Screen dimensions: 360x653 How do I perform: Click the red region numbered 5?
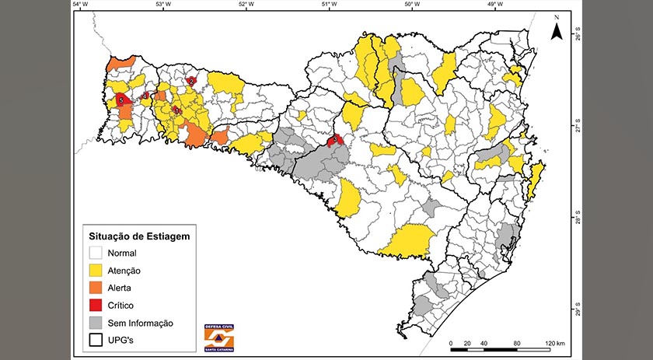click(121, 100)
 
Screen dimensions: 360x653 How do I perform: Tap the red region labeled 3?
click(336, 140)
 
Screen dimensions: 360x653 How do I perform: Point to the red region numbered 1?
click(178, 111)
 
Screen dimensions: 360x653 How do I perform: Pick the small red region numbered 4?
click(145, 96)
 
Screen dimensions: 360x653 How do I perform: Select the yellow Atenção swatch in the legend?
click(97, 270)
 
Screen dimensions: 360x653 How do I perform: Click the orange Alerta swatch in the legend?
click(97, 288)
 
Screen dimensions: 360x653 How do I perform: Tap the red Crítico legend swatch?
click(97, 305)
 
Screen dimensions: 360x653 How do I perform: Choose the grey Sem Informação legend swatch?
click(97, 323)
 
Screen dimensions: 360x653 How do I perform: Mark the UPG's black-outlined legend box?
click(97, 340)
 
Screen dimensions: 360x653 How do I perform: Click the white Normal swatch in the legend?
click(97, 253)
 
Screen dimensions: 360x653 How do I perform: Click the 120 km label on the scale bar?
click(555, 343)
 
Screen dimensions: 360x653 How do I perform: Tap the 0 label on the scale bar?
click(452, 343)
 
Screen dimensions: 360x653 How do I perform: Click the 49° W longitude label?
click(494, 5)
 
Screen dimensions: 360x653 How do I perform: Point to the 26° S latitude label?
click(578, 35)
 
